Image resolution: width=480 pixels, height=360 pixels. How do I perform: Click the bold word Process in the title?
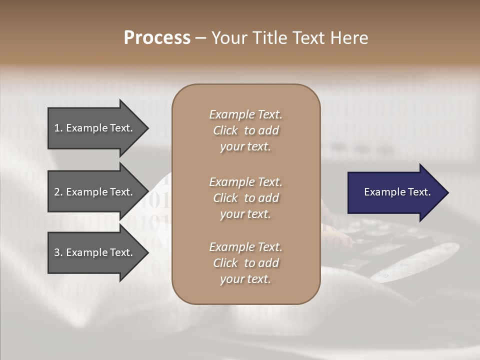(x=157, y=38)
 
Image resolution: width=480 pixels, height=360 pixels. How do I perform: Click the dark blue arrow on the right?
(x=395, y=192)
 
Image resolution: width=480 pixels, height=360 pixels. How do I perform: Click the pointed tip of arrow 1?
(x=147, y=128)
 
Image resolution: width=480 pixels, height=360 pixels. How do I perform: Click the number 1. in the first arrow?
(x=58, y=128)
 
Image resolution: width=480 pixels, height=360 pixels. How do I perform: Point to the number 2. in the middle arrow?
(x=58, y=192)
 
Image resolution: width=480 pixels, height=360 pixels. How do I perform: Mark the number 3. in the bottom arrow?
(x=58, y=252)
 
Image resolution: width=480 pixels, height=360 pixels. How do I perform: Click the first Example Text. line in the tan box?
(x=245, y=114)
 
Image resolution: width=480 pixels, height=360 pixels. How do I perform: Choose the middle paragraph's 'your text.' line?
(x=245, y=214)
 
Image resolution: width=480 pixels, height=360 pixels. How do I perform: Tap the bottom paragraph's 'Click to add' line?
(x=245, y=263)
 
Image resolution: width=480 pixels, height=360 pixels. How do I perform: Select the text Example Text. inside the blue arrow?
(x=397, y=192)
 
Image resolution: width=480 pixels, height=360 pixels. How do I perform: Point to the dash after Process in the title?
(x=200, y=38)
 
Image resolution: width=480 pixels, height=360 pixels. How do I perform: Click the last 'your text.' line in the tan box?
(x=245, y=279)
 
